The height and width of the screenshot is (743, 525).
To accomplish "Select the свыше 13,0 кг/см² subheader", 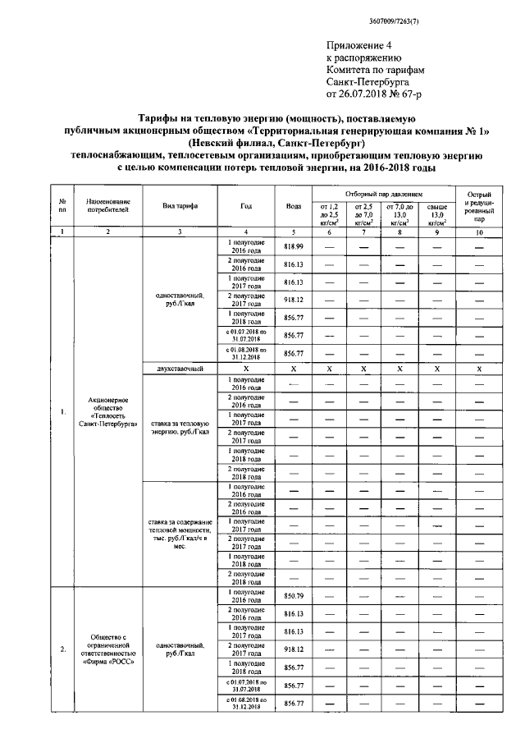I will tap(436, 216).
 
